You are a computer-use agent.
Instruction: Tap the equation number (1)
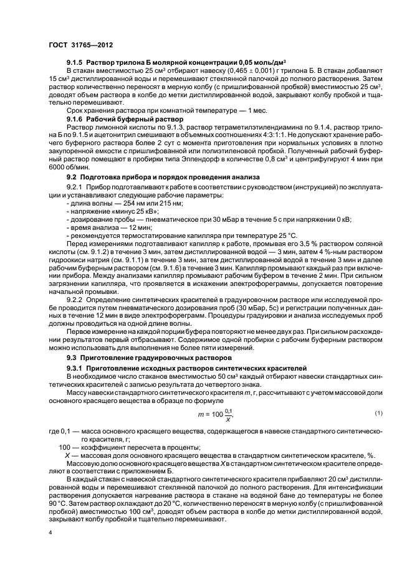coord(378,414)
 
